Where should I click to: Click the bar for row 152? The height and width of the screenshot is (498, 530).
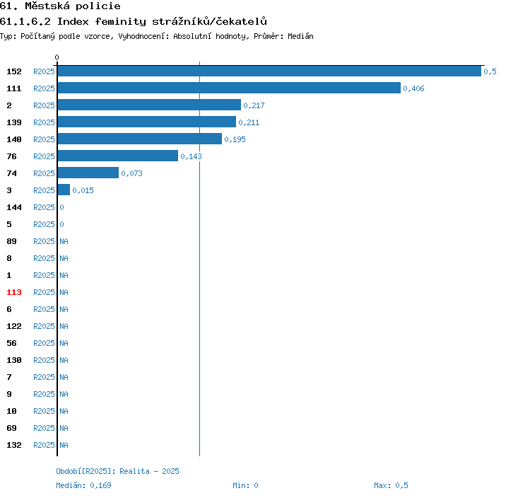pyautogui.click(x=269, y=71)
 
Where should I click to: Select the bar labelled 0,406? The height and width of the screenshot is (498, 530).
pyautogui.click(x=229, y=88)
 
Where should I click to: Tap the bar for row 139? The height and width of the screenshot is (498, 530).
pyautogui.click(x=147, y=122)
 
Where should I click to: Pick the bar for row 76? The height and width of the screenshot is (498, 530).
pyautogui.click(x=118, y=156)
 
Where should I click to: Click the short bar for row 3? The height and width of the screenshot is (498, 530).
pyautogui.click(x=64, y=190)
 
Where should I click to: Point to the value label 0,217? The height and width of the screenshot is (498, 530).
pyautogui.click(x=254, y=105)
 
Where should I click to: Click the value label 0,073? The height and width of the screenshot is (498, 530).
pyautogui.click(x=132, y=173)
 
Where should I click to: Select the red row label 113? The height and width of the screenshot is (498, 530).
pyautogui.click(x=14, y=292)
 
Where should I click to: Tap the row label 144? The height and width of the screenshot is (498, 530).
pyautogui.click(x=14, y=207)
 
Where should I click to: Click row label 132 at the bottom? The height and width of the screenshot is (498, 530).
pyautogui.click(x=14, y=445)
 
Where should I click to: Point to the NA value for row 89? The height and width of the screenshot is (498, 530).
pyautogui.click(x=64, y=241)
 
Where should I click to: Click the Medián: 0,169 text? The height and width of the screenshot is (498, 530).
pyautogui.click(x=83, y=485)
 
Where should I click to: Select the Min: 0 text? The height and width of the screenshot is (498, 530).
pyautogui.click(x=245, y=485)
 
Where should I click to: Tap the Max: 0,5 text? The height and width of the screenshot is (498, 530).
pyautogui.click(x=391, y=485)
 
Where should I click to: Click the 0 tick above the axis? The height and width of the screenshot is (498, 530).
pyautogui.click(x=57, y=57)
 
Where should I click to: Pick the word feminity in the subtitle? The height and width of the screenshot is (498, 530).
pyautogui.click(x=121, y=22)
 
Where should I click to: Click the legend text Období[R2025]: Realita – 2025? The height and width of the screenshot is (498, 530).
pyautogui.click(x=117, y=471)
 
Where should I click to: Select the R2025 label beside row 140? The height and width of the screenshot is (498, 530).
pyautogui.click(x=44, y=139)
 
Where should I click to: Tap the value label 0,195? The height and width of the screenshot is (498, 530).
pyautogui.click(x=235, y=139)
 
